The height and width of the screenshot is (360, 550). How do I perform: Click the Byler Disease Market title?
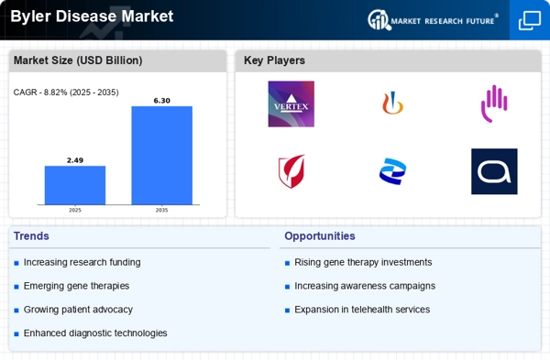click(92, 16)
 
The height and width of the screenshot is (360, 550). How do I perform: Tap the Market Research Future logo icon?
click(379, 20)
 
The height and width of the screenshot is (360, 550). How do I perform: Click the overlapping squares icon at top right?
click(530, 20)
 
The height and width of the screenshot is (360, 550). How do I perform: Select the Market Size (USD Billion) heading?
click(78, 60)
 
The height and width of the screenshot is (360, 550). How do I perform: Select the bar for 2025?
click(75, 185)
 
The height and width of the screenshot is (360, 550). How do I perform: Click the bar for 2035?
click(161, 156)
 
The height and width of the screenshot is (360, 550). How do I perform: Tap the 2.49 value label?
click(75, 160)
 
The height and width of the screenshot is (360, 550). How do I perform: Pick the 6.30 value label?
click(161, 101)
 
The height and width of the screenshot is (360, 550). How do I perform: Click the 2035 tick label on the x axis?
click(161, 211)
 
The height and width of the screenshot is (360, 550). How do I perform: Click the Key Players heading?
click(274, 60)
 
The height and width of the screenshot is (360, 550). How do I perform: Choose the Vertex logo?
click(291, 104)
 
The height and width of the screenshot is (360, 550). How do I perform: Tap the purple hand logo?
click(494, 104)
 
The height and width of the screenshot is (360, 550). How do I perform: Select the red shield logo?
click(291, 171)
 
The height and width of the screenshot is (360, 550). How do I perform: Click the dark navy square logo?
click(494, 171)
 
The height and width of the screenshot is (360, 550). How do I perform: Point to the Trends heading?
click(31, 236)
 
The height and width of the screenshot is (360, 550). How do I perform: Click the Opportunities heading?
click(320, 236)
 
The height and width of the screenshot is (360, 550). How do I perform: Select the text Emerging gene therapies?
click(76, 286)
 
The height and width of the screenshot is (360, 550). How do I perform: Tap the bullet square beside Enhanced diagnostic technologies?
click(16, 334)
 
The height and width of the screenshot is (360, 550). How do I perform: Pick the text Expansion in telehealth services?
click(362, 310)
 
